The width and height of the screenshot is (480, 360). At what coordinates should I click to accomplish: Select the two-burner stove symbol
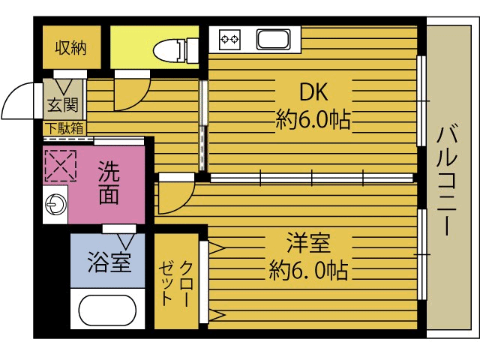[229, 37]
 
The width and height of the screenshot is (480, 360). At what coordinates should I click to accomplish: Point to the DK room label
[313, 93]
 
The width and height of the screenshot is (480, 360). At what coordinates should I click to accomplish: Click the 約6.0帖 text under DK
[313, 120]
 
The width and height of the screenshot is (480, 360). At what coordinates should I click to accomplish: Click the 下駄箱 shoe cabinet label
[64, 127]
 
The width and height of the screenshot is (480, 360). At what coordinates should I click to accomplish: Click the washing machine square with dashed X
[61, 166]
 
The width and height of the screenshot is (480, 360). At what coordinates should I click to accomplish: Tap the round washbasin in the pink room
[55, 205]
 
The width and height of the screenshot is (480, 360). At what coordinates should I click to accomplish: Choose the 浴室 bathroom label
[109, 263]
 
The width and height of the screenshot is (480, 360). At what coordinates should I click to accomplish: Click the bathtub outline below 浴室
[109, 312]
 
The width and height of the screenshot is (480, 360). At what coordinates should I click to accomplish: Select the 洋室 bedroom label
[307, 243]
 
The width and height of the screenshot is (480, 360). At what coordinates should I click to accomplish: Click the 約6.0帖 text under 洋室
[307, 269]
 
